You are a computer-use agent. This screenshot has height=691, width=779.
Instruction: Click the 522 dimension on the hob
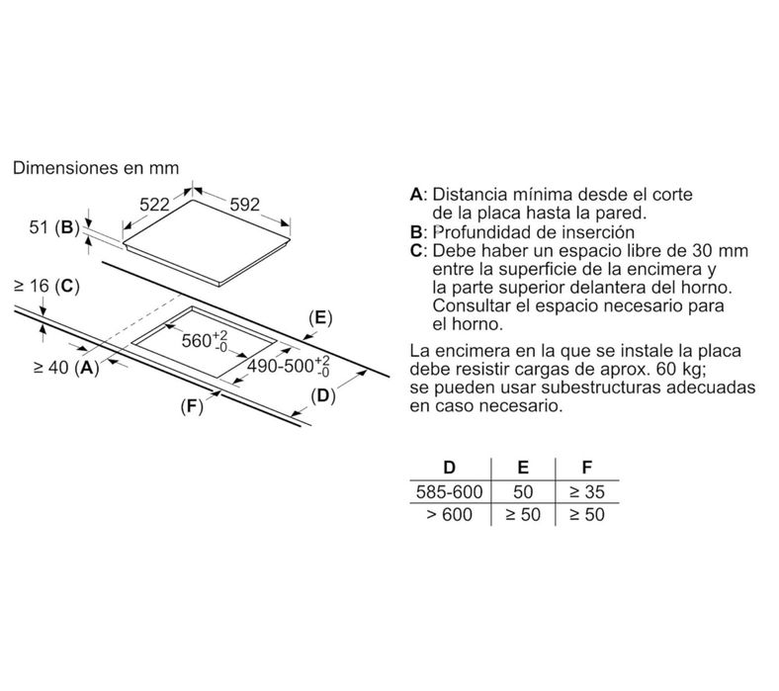pos(154,205)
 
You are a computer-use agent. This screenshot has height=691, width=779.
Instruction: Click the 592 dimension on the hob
pos(245,205)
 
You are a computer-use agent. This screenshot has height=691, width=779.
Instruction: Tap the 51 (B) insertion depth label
pos(54,227)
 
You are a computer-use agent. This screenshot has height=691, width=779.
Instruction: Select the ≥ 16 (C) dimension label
pos(47,286)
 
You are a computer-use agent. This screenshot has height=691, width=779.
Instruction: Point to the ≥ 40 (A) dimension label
pos(66,368)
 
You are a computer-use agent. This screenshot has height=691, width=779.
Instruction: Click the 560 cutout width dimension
pos(205,340)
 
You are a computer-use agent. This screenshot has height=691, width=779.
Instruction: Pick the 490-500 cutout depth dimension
pos(289,366)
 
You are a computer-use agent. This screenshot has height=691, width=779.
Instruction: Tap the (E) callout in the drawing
pos(320,317)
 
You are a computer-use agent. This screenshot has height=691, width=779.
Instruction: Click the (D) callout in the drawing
pos(323,396)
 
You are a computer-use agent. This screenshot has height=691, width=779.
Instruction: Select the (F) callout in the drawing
pos(192,407)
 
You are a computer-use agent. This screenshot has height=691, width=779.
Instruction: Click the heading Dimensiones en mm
pos(96,168)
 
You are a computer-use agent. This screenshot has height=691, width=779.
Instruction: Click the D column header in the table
pos(449,468)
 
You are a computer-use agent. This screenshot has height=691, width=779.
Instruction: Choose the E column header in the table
pos(523,468)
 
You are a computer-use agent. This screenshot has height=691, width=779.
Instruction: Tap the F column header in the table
pos(587,468)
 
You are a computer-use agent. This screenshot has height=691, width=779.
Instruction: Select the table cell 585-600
pos(450,491)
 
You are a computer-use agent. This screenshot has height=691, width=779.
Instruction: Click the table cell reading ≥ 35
pos(587,491)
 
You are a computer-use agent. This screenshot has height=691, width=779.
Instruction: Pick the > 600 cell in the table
pos(450,515)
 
